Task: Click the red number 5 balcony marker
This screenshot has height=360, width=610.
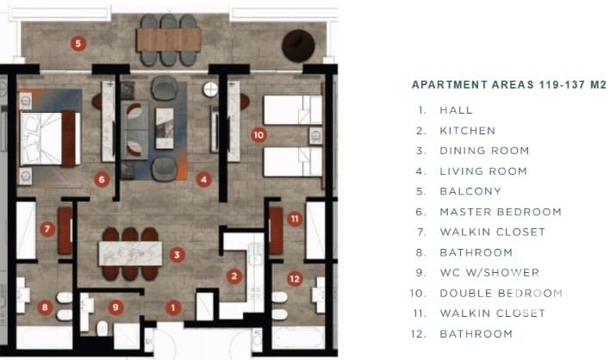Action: pyautogui.click(x=78, y=43)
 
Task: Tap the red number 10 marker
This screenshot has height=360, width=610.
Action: pyautogui.click(x=258, y=135)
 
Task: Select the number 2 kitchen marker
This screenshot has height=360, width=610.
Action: pyautogui.click(x=234, y=276)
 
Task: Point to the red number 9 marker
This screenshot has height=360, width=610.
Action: pyautogui.click(x=115, y=307)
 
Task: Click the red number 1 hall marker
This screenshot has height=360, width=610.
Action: pyautogui.click(x=173, y=308)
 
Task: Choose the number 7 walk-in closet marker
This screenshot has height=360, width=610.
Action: pyautogui.click(x=47, y=229)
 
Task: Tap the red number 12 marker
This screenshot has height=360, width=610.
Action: pyautogui.click(x=295, y=279)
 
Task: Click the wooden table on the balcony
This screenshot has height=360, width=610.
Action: pyautogui.click(x=169, y=40)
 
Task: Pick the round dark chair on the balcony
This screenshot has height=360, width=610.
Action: pyautogui.click(x=298, y=46)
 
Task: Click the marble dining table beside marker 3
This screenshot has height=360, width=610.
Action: pyautogui.click(x=130, y=253)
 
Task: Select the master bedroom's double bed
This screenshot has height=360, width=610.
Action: pyautogui.click(x=50, y=139)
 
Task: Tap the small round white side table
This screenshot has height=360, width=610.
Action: pyautogui.click(x=210, y=90)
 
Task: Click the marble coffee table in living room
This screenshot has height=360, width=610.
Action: pyautogui.click(x=165, y=128)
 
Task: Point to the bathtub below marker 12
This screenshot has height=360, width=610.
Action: pyautogui.click(x=298, y=338)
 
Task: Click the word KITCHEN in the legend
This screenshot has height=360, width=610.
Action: pyautogui.click(x=468, y=131)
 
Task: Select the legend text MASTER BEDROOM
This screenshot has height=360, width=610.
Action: pyautogui.click(x=501, y=212)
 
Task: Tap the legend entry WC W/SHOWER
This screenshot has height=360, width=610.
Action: pyautogui.click(x=489, y=272)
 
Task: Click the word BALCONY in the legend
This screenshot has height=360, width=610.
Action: pyautogui.click(x=470, y=191)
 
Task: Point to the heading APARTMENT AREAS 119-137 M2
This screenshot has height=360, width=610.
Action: pyautogui.click(x=509, y=84)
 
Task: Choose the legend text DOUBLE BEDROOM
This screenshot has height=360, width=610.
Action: pyautogui.click(x=501, y=293)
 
